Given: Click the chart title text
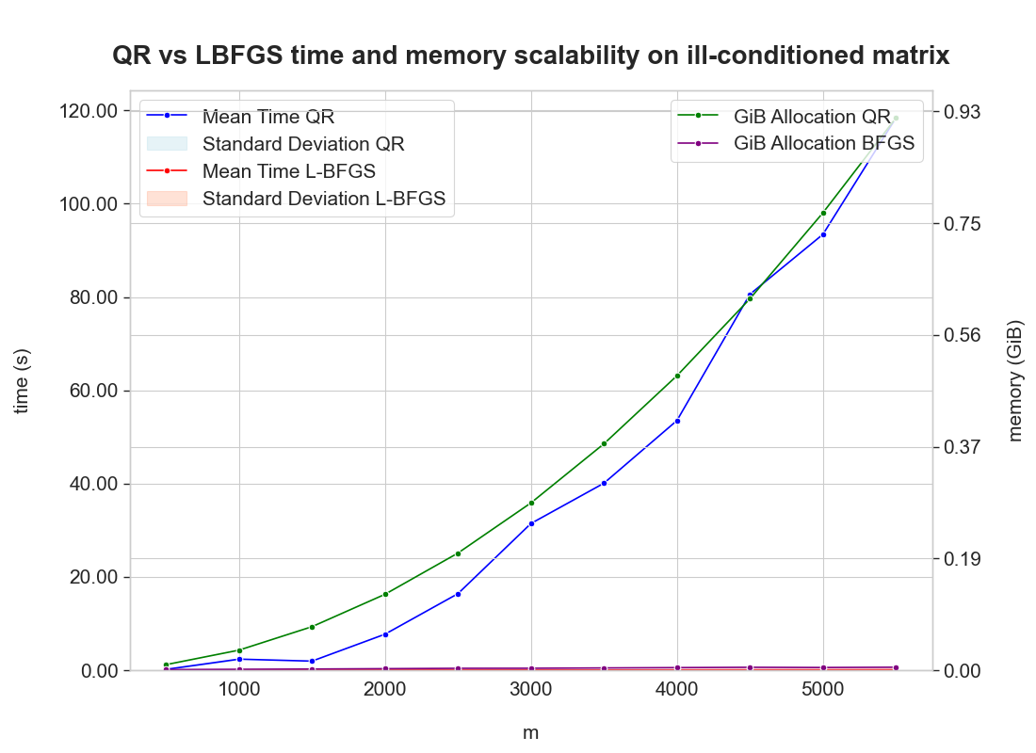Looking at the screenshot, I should pyautogui.click(x=530, y=56).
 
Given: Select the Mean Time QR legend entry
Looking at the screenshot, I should pyautogui.click(x=268, y=117).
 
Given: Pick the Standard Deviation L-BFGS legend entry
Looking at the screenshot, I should pyautogui.click(x=323, y=199).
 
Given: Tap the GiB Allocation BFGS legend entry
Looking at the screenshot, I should pyautogui.click(x=824, y=144).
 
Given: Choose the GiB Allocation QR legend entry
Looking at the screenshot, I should pyautogui.click(x=811, y=117).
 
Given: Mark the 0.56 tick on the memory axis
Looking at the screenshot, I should pyautogui.click(x=963, y=335).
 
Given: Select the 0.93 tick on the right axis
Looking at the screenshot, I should pyautogui.click(x=963, y=112).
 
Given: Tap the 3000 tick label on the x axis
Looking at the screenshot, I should pyautogui.click(x=530, y=689).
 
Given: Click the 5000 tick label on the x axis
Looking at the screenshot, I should pyautogui.click(x=822, y=689).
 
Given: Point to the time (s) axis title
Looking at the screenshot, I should pyautogui.click(x=23, y=380).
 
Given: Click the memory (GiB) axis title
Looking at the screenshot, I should pyautogui.click(x=1015, y=380).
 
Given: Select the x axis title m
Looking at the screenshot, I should pyautogui.click(x=530, y=732).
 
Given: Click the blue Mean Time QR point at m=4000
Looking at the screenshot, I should pyautogui.click(x=677, y=421).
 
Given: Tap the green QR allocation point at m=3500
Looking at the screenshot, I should pyautogui.click(x=604, y=443).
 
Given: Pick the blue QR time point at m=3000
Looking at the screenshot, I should pyautogui.click(x=531, y=523).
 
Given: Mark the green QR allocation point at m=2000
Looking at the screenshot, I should pyautogui.click(x=385, y=594).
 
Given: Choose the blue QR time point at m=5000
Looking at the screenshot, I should pyautogui.click(x=823, y=234).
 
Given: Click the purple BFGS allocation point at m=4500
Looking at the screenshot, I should pyautogui.click(x=750, y=667).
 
